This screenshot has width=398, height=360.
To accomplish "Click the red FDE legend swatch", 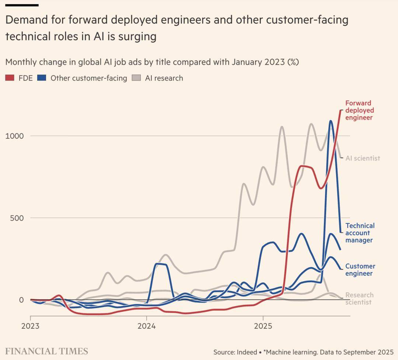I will [10, 78].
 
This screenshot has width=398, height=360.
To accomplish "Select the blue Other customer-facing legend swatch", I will [42, 78].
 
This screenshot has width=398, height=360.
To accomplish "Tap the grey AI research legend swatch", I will [136, 78].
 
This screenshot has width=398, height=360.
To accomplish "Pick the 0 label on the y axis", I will [21, 300].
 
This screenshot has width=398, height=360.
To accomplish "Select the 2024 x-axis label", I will [147, 326].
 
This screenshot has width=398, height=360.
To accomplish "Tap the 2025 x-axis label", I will [263, 326].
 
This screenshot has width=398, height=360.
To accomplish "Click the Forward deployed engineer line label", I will [359, 110].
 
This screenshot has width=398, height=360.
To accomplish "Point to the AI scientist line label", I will [363, 158].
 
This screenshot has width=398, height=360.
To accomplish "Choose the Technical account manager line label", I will [360, 233].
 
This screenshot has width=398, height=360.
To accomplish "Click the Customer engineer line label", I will [360, 270].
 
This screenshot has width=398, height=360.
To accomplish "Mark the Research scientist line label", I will [359, 299].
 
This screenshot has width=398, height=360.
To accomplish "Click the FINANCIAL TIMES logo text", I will [46, 351].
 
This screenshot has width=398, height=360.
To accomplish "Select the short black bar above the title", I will [22, 5].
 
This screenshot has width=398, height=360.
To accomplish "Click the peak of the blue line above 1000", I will [331, 121].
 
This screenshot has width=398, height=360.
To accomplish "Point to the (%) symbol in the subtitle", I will [293, 62].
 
